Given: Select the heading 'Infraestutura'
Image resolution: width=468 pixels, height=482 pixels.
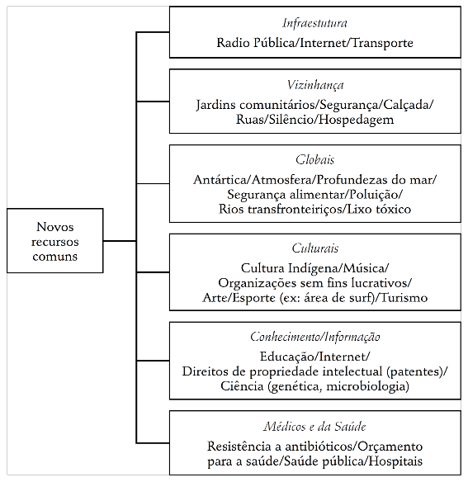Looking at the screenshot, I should click(314, 22).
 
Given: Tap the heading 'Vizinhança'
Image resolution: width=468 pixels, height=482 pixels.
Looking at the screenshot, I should click(314, 85).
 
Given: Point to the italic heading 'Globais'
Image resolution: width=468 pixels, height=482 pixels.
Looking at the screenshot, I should click(314, 160).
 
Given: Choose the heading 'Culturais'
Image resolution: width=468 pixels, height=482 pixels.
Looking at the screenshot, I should click(314, 248).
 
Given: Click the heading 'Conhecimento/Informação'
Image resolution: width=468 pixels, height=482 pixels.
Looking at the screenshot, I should click(314, 337).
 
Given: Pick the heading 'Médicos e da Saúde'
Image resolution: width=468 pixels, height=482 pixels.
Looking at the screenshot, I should click(314, 427).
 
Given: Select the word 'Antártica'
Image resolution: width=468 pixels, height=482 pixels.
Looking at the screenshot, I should click(219, 179).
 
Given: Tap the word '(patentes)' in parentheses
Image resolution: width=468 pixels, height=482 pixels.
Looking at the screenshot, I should click(414, 371).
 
